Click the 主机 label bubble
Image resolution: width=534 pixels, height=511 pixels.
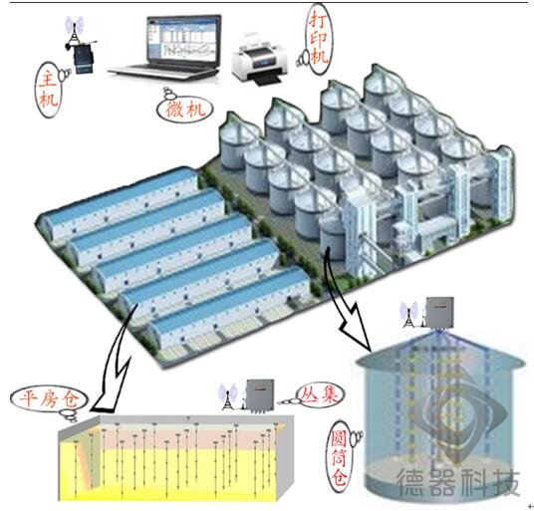(x=48, y=90)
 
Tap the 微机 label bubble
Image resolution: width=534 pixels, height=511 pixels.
(x=184, y=110)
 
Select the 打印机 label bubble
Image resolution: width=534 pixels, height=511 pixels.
(x=319, y=39)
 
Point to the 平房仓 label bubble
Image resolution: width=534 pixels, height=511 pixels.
(x=49, y=398)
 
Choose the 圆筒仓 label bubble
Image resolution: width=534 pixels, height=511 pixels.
(x=340, y=456)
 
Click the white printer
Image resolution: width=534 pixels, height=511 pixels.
(x=259, y=59)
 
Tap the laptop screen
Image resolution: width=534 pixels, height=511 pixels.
(x=183, y=40)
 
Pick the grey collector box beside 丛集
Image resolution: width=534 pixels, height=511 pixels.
(x=261, y=394)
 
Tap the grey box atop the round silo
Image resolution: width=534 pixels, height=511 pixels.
(x=439, y=313)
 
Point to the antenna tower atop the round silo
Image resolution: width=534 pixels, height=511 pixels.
(x=409, y=315)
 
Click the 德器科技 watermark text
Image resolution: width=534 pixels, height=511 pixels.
(x=458, y=481)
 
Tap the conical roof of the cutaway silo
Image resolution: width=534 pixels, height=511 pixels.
(x=439, y=351)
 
